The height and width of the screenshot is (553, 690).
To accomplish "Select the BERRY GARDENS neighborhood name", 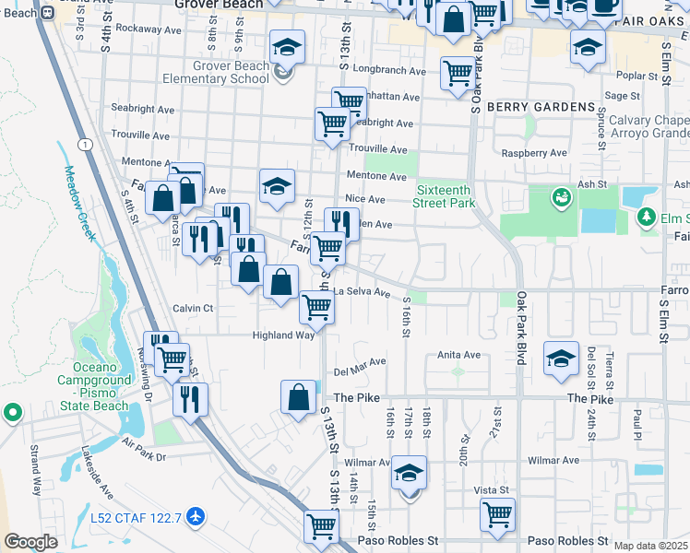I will pos(540,107).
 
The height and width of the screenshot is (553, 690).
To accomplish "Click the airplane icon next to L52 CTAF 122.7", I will pos(195,516).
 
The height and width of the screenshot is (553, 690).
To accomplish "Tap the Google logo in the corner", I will pos(31,542).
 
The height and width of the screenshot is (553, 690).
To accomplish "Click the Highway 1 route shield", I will pos(85,145).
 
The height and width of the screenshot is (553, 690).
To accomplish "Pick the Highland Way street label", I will pos(283,335).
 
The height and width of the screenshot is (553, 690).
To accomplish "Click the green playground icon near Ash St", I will pos(560,196).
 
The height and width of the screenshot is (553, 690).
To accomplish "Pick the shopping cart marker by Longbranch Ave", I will pos(458,73).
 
